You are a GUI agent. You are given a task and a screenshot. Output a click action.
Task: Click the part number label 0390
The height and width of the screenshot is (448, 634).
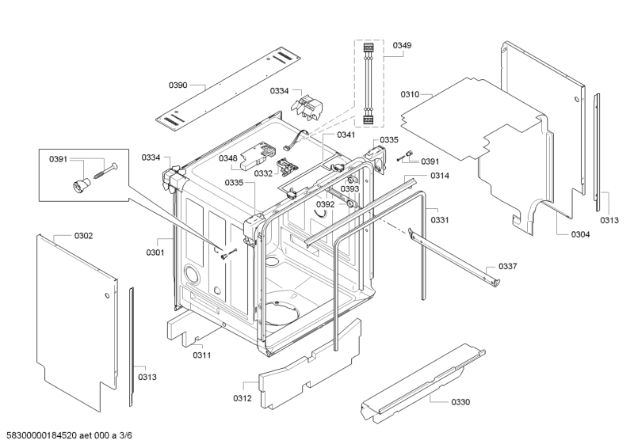178,84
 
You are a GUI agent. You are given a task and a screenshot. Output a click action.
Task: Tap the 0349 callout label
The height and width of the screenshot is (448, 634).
402,47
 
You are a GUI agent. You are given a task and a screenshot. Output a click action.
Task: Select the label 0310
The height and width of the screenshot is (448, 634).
411,94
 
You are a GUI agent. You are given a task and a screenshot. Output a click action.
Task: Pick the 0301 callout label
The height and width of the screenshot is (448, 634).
155,252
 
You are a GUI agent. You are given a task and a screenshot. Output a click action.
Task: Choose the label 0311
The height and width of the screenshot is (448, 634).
201,355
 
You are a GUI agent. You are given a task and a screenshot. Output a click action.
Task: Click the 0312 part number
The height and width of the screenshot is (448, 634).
243,397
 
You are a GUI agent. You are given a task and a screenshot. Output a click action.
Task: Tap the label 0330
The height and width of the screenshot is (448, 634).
460,402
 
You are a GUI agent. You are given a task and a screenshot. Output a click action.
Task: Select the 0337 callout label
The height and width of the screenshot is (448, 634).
507,267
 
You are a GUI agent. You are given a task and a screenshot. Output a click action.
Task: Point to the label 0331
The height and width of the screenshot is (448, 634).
440,220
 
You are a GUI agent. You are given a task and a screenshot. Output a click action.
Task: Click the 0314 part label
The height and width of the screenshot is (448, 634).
441,176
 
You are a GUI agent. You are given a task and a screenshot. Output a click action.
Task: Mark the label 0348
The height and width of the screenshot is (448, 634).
228,158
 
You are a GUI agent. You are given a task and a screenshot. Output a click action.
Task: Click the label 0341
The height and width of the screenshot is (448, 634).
346,135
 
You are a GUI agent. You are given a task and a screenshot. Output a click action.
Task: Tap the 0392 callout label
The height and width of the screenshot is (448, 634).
326,204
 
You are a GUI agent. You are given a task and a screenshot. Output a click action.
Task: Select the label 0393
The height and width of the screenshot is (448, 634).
350,189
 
